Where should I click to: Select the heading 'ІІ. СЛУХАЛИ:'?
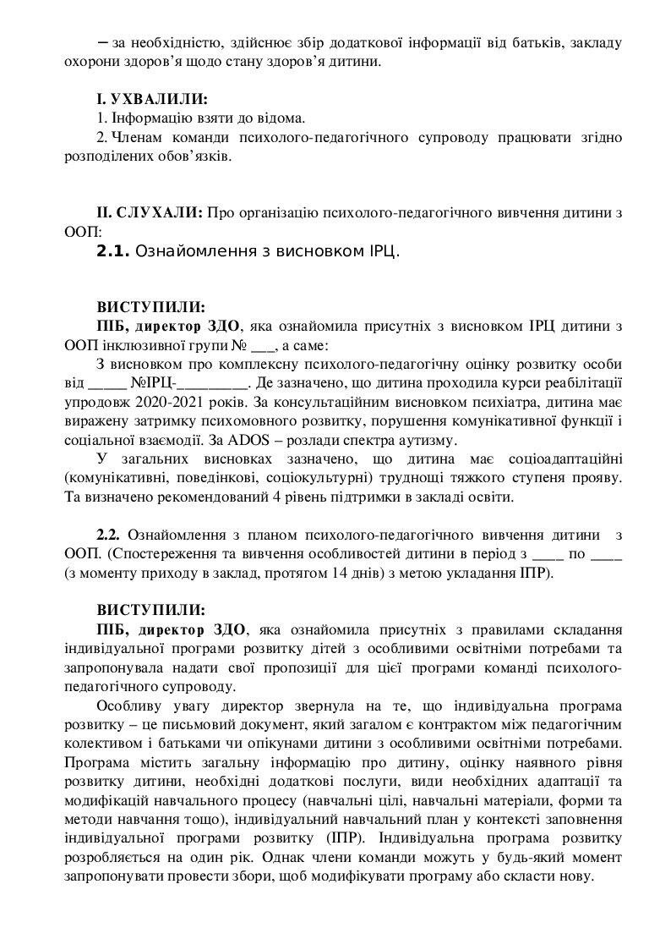(x=150, y=212)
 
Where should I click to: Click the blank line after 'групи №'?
(x=264, y=345)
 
